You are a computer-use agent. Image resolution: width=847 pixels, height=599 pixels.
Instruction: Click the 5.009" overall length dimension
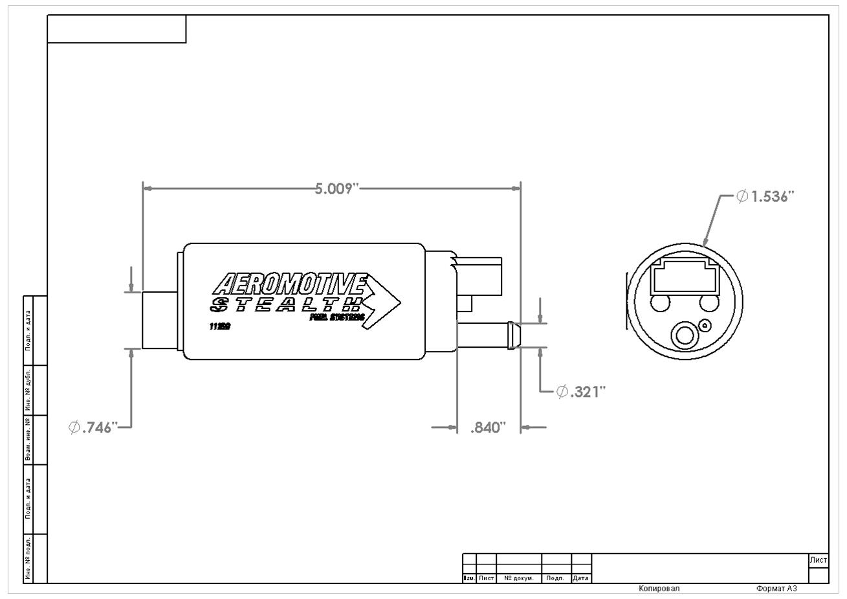[336, 188]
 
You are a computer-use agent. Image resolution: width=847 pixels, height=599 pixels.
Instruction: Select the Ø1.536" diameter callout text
[765, 196]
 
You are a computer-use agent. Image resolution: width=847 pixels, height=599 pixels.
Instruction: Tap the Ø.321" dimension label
[581, 392]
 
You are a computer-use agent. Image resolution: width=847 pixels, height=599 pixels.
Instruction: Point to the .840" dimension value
[487, 428]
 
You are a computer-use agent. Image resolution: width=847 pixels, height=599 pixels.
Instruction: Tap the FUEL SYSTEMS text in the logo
[337, 318]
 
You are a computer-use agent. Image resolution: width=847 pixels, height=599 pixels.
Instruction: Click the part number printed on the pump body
[219, 326]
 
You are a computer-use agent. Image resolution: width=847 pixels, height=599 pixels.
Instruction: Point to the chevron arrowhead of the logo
[384, 302]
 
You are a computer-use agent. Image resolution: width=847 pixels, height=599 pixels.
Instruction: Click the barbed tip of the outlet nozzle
[514, 335]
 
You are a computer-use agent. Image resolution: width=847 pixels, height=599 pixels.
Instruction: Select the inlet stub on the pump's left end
[159, 320]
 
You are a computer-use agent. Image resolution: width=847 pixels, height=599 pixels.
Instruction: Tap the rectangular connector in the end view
[685, 278]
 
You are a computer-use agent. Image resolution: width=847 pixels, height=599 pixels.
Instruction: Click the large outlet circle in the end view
[685, 335]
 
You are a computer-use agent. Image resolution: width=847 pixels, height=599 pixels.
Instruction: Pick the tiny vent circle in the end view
[706, 326]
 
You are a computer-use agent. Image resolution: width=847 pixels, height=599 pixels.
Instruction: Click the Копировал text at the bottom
[659, 589]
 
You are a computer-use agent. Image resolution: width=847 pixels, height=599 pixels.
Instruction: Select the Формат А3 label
[776, 589]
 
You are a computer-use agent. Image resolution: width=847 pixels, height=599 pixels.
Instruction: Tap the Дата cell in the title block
[580, 578]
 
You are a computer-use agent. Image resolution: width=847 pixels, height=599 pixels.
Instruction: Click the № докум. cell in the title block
[518, 578]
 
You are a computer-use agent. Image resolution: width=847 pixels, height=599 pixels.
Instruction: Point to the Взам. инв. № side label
[28, 440]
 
